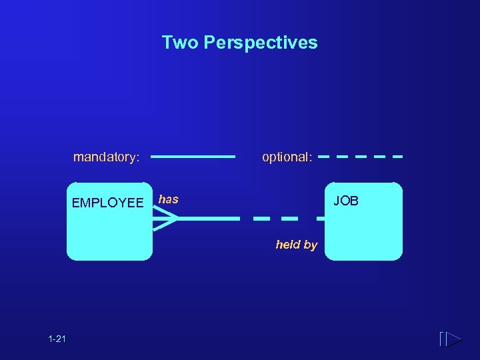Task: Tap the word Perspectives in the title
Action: pyautogui.click(x=261, y=43)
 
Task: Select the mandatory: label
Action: pyautogui.click(x=106, y=157)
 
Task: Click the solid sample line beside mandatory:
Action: pyautogui.click(x=193, y=157)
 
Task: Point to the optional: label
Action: pyautogui.click(x=287, y=157)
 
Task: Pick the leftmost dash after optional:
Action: pyautogui.click(x=325, y=157)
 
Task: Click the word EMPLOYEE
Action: pyautogui.click(x=107, y=203)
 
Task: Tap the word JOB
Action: pyautogui.click(x=346, y=201)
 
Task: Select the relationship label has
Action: pyautogui.click(x=169, y=199)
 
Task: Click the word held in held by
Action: pyautogui.click(x=288, y=245)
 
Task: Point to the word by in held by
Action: pyautogui.click(x=310, y=245)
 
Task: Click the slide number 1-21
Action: pyautogui.click(x=57, y=339)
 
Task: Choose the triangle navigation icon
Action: pyautogui.click(x=453, y=339)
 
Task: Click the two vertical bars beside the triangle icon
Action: pyautogui.click(x=442, y=339)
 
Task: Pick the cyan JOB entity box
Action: pyautogui.click(x=364, y=230)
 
